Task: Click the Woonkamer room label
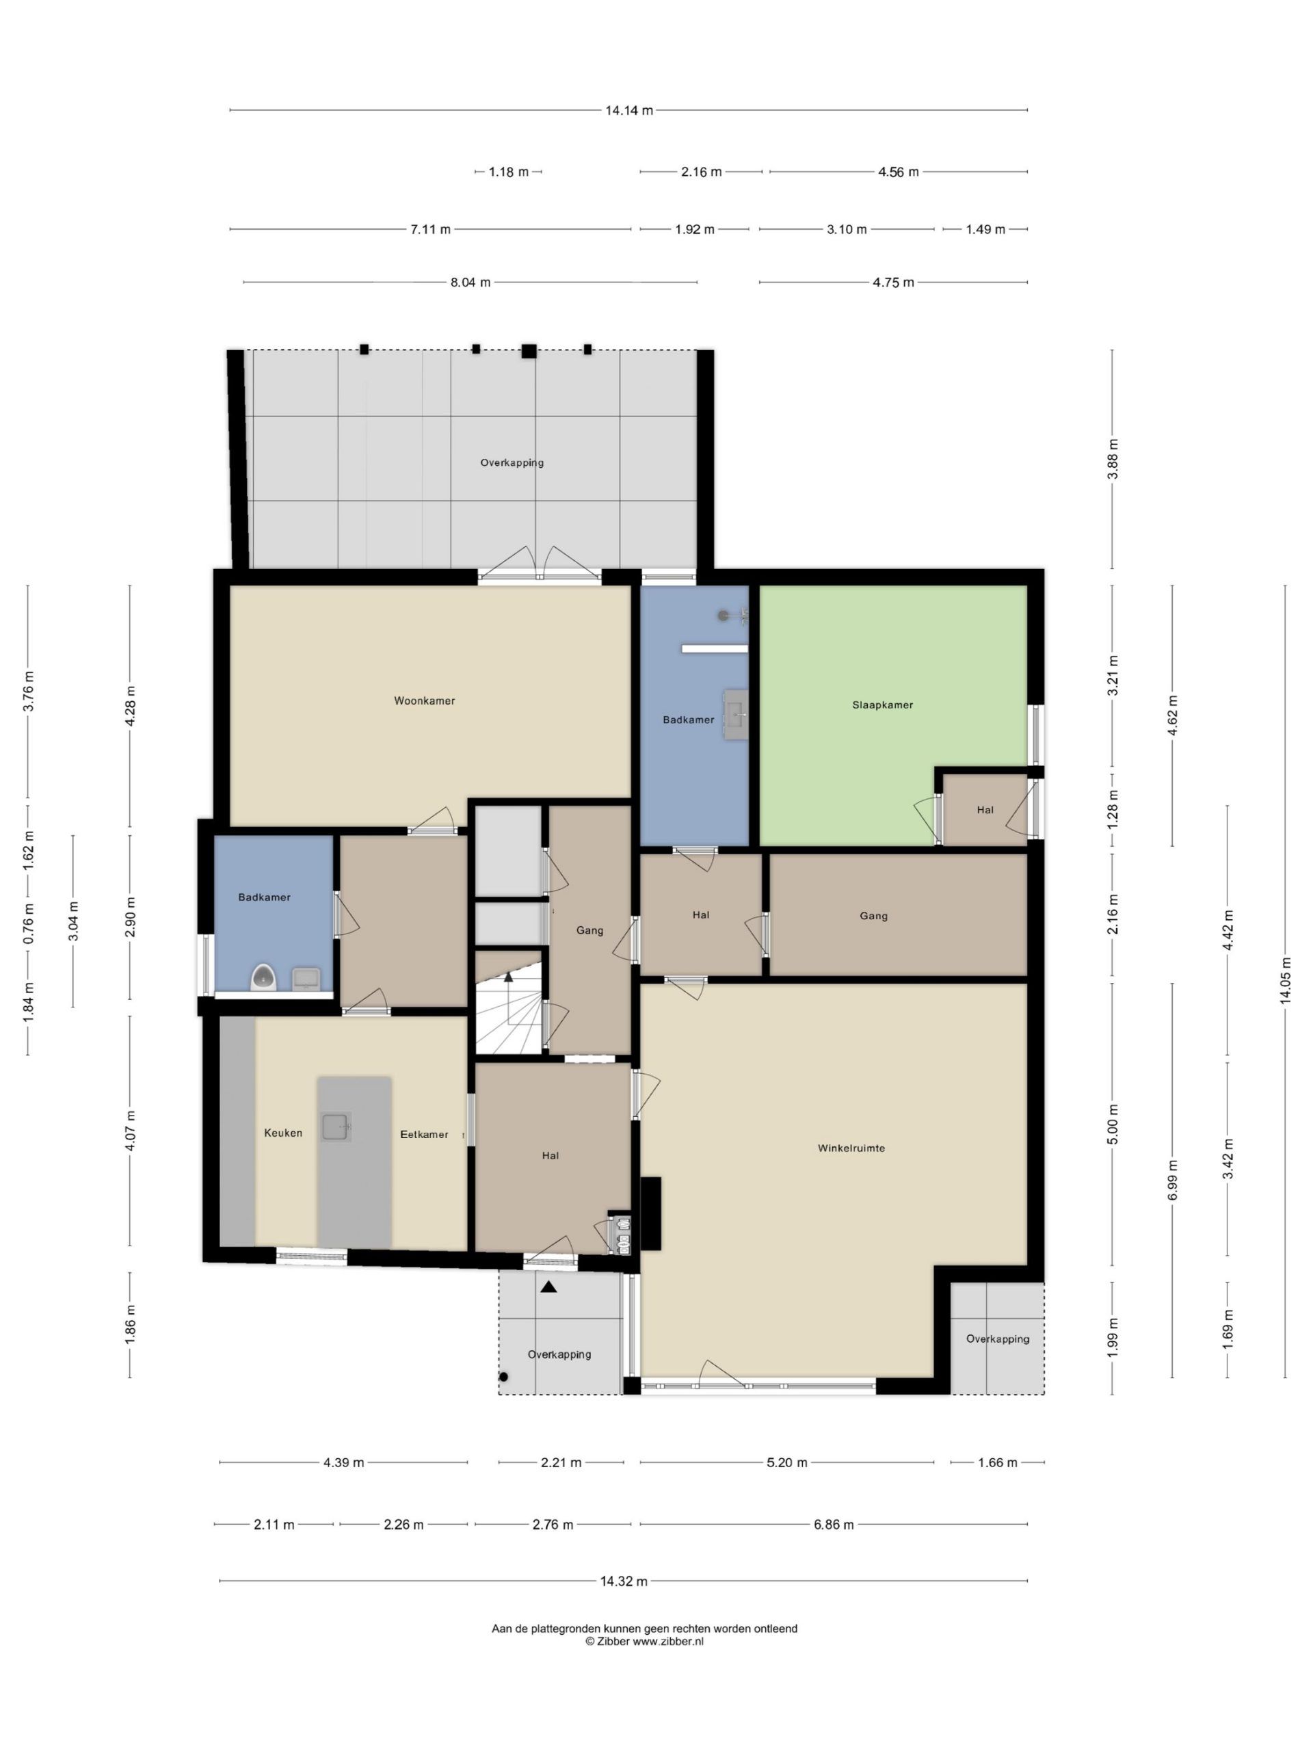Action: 424,700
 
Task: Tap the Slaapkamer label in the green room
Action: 882,705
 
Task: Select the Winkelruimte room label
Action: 851,1148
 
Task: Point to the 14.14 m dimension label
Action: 629,111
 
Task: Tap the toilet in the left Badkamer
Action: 263,978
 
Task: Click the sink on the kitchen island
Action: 336,1126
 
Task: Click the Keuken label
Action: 283,1133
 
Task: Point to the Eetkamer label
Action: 424,1134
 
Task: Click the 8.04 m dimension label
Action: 470,282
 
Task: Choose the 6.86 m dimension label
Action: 834,1525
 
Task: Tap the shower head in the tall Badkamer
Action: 724,615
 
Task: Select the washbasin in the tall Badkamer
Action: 736,714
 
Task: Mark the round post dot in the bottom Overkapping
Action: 503,1377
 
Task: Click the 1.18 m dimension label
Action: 508,172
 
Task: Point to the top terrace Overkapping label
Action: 512,462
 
